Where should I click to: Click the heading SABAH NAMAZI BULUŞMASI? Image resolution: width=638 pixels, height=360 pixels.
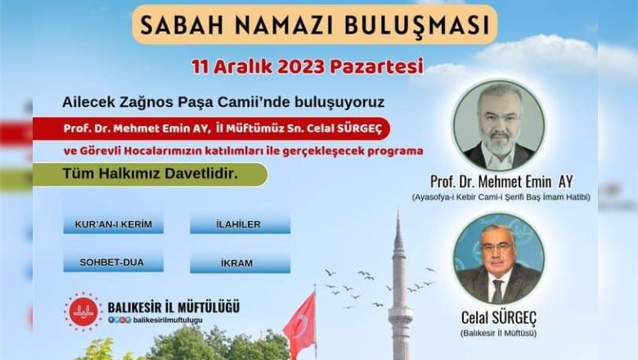(x=315, y=25)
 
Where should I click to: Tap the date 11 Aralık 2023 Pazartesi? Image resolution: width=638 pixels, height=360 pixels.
(x=308, y=67)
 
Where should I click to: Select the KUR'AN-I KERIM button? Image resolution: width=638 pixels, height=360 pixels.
(x=114, y=224)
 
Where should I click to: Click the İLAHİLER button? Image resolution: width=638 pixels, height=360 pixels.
(x=240, y=224)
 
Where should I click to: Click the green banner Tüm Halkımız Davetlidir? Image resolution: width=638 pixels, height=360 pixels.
(x=151, y=174)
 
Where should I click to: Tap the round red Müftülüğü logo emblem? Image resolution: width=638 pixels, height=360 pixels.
(x=83, y=312)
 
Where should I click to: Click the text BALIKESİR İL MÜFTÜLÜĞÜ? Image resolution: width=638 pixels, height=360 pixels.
(x=173, y=307)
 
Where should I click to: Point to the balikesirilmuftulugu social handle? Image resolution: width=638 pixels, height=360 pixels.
(x=168, y=320)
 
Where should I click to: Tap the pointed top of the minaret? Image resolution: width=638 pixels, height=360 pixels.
(x=398, y=212)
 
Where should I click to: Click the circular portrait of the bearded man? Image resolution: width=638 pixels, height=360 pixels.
(x=500, y=125)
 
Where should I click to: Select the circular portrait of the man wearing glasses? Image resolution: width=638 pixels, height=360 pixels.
(x=498, y=259)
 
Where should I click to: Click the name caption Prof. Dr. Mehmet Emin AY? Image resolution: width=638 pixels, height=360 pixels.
(x=501, y=182)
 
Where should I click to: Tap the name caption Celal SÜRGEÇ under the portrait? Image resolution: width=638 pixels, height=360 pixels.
(x=499, y=317)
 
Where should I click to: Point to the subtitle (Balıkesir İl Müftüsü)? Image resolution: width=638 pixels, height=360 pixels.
(x=498, y=333)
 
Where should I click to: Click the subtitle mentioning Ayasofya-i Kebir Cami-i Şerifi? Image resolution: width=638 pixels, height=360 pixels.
(x=501, y=197)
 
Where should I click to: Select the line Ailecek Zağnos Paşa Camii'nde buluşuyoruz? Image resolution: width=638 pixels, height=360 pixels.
(x=223, y=102)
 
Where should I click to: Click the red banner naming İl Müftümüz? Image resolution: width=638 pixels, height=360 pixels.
(x=212, y=128)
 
